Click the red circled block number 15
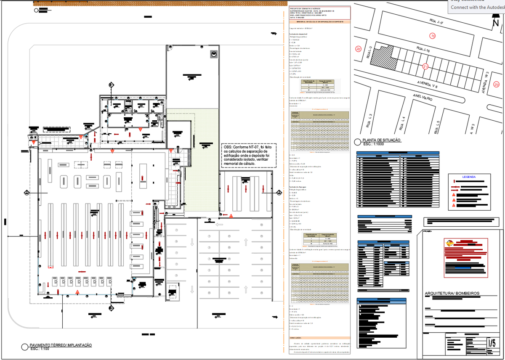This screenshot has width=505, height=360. (432, 36)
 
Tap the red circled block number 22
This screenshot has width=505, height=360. (359, 49)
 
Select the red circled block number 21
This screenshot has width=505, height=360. (425, 66)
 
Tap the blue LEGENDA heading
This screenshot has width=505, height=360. (469, 177)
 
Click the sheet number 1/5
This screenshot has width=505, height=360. (491, 342)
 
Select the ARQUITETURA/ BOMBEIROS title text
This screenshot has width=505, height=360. (452, 293)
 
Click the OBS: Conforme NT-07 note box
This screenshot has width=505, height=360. (249, 156)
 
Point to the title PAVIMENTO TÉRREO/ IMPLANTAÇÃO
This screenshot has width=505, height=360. (61, 345)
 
